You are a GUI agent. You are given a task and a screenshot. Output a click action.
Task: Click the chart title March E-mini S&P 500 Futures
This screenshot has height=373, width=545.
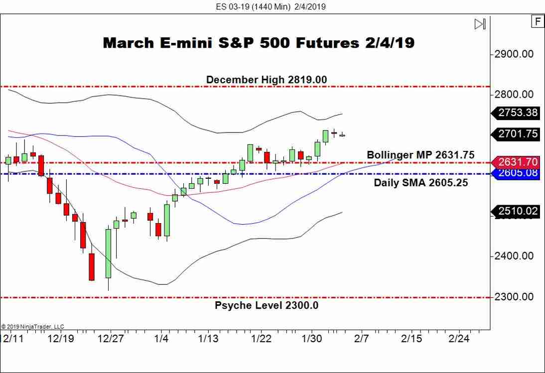(x=258, y=43)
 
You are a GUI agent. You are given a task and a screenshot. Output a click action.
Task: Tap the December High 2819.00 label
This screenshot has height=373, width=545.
(x=267, y=80)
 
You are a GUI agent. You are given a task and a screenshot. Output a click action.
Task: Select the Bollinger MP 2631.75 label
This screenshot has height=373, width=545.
(x=420, y=155)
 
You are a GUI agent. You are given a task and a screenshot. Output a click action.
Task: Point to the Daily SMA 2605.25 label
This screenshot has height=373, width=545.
(x=421, y=183)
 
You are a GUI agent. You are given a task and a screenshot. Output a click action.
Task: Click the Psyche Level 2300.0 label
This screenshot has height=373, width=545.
(x=267, y=305)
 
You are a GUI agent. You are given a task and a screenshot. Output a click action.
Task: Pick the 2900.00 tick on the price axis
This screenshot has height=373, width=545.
(x=514, y=54)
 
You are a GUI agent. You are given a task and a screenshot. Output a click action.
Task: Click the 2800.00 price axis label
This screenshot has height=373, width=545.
(x=514, y=95)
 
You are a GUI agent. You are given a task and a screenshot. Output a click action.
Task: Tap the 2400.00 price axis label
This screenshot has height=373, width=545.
(x=514, y=256)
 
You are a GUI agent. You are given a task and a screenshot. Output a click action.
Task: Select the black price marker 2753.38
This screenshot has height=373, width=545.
(x=517, y=113)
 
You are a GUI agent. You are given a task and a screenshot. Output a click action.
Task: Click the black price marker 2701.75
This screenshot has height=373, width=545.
(x=517, y=133)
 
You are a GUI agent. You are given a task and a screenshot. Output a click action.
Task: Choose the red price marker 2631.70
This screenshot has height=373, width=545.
(x=517, y=162)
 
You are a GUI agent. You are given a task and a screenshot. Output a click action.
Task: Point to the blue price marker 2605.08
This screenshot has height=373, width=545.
(x=517, y=173)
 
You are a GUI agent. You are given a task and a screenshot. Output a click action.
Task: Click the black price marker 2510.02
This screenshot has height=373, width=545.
(x=517, y=211)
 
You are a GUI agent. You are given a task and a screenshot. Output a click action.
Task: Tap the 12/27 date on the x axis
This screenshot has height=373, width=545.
(x=111, y=339)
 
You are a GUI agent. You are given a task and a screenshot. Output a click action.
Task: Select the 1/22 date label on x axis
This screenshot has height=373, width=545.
(x=261, y=339)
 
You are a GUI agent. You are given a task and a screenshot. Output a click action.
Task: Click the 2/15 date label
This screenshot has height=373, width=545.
(x=410, y=339)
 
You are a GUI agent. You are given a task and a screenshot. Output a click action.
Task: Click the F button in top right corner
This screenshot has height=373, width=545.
(x=537, y=21)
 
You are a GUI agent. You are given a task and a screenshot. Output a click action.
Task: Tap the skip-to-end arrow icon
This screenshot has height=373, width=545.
(x=480, y=24)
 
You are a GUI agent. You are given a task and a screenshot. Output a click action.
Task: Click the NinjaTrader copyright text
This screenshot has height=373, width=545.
(x=33, y=327)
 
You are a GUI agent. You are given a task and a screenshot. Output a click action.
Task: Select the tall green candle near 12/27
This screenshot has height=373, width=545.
(x=108, y=253)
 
